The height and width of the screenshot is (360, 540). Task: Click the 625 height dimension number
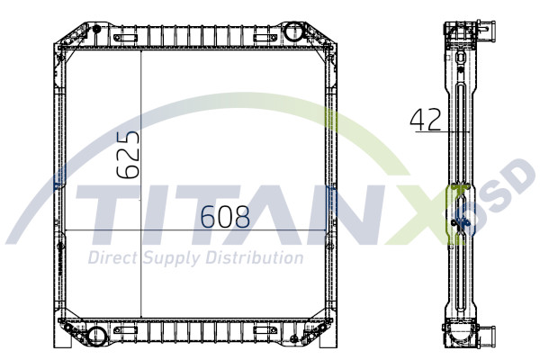(128, 155)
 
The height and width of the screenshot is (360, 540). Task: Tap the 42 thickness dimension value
(425, 120)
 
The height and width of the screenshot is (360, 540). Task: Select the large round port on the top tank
(294, 32)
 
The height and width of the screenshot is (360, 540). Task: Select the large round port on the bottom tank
(96, 337)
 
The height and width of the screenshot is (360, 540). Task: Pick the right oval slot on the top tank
(265, 37)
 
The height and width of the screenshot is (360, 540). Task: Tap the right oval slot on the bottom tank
(265, 332)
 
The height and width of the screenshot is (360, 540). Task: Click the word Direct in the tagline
(111, 259)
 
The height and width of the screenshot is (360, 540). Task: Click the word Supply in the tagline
(171, 259)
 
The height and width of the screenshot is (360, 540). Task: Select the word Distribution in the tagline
(256, 258)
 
